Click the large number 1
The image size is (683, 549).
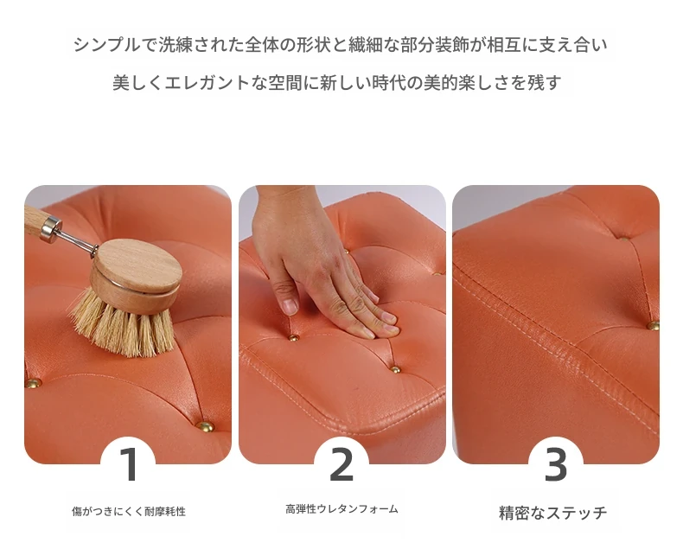click(130, 464)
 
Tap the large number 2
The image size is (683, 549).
click(341, 464)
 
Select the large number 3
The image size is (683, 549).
click(556, 464)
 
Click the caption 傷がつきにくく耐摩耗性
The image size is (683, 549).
click(129, 511)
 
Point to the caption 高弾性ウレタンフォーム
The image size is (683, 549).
click(342, 508)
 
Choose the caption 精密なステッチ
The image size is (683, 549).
click(552, 513)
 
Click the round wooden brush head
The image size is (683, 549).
click(137, 275)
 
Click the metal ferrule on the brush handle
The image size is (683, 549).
click(51, 230)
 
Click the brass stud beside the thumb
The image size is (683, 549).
click(294, 337)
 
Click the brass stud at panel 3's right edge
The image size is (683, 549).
click(653, 325)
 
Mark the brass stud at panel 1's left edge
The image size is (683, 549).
click(33, 383)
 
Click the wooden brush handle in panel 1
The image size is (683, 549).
click(34, 218)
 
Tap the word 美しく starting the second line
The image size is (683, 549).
click(138, 83)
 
